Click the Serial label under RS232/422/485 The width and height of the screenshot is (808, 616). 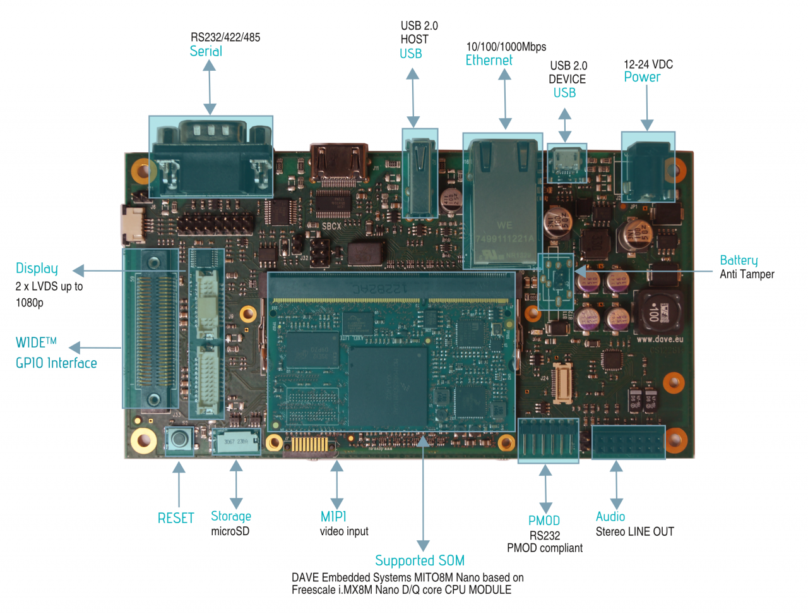(x=206, y=52)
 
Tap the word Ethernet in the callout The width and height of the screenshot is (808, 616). (x=489, y=61)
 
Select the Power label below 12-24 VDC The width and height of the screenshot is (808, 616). (x=642, y=77)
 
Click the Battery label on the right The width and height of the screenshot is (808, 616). (x=739, y=260)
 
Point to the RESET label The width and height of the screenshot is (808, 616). (x=175, y=518)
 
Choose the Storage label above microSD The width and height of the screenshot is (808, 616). (x=230, y=516)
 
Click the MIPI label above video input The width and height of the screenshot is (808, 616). (x=333, y=516)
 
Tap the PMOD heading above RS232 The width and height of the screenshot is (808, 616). (x=544, y=521)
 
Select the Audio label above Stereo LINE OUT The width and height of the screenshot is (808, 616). (x=610, y=516)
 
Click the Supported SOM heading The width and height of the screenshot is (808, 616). (x=420, y=560)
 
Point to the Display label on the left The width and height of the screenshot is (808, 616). (x=37, y=269)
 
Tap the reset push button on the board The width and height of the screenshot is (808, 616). (x=179, y=438)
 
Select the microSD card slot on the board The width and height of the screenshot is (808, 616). (x=236, y=441)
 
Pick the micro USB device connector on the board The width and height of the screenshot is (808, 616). (x=566, y=162)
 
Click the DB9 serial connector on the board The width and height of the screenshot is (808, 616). (x=210, y=156)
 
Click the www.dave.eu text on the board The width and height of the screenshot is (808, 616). (x=659, y=339)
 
